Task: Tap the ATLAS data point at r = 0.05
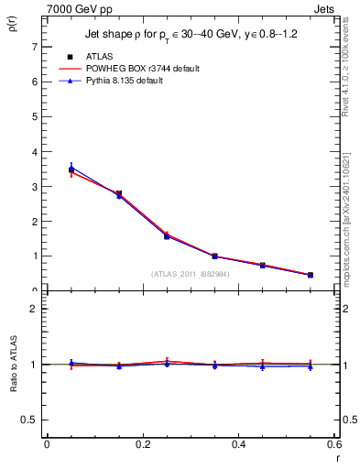[71, 169]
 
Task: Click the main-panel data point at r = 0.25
[167, 235]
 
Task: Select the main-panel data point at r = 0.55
[311, 275]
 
